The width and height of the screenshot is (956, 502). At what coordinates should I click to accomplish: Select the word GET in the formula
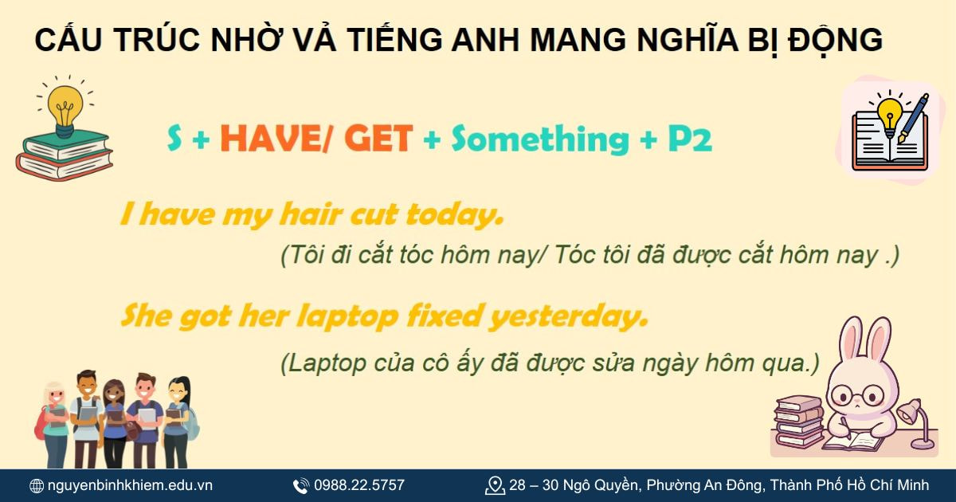click(x=378, y=139)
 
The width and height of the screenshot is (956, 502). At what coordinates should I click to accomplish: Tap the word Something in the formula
click(x=540, y=139)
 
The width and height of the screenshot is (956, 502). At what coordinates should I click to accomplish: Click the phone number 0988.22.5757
click(x=358, y=485)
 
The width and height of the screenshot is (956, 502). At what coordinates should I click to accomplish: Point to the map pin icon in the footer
click(x=495, y=485)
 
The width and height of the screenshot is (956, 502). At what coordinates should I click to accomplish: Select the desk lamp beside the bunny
click(x=916, y=422)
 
